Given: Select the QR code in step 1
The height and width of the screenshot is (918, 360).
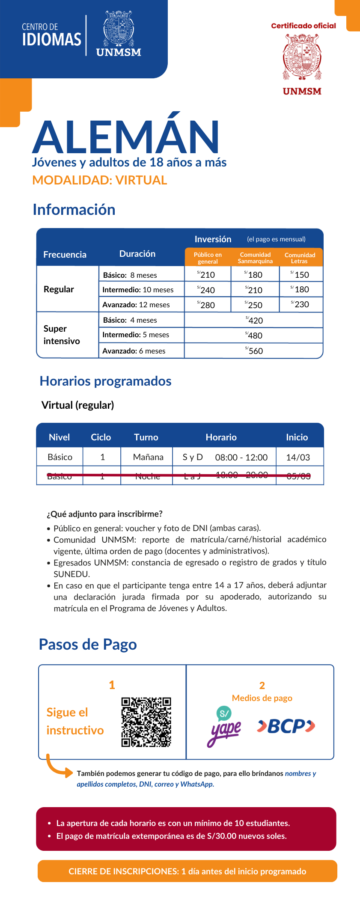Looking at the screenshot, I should coord(146,722).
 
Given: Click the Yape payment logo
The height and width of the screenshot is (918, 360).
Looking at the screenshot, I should coord(224,726).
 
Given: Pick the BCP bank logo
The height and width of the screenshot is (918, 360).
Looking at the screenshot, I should coord(286,726).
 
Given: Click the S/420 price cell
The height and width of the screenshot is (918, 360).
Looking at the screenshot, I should coord(254,320).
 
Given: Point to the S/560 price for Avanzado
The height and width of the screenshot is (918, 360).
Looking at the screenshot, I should coord(254,351).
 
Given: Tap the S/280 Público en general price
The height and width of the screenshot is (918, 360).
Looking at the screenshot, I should coord(206,305).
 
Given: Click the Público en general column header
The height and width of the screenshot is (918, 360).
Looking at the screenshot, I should coord(208,258).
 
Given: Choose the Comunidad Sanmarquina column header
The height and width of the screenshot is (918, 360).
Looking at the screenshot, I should coord(255,258).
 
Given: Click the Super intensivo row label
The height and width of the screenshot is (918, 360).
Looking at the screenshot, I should coord(62,335).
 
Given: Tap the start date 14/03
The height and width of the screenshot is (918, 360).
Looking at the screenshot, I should coord(298,457).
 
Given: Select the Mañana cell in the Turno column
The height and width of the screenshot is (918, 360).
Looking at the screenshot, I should coord(148,457).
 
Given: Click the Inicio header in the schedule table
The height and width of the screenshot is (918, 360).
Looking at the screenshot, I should coord(297,437).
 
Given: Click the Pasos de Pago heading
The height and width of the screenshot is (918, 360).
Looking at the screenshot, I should coord(88,645).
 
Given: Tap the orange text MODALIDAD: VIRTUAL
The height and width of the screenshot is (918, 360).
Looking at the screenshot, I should coord(100,180).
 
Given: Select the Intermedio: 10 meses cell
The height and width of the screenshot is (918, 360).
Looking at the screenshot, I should coord(138,290).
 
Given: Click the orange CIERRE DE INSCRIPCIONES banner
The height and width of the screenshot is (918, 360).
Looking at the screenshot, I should coord(187,871).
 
